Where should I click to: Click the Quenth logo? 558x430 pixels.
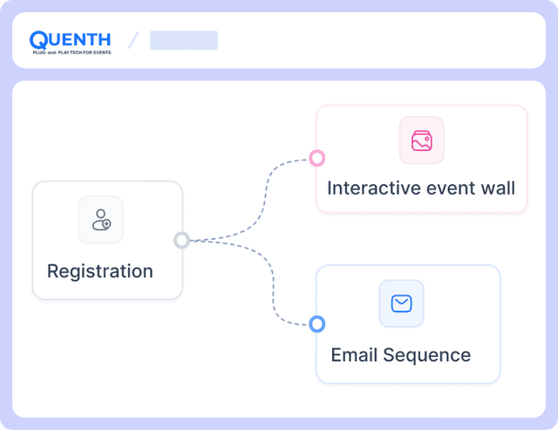coord(70,43)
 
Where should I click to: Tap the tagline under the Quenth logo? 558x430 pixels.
coord(71,52)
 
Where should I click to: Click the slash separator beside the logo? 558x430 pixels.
coord(133,40)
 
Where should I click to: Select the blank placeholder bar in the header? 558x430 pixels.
coord(184,40)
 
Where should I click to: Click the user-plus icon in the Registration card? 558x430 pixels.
coord(101,220)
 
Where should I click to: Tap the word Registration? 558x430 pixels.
coord(100,271)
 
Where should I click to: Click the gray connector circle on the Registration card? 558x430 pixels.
coord(181,240)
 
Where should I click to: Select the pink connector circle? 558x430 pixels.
coord(316,158)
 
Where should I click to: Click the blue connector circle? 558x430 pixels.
coord(316,324)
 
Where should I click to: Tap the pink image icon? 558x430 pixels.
coord(422,140)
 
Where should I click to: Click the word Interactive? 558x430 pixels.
coord(373,188)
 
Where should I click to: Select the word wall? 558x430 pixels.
coord(498,188)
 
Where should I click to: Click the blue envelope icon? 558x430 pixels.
coord(401,304)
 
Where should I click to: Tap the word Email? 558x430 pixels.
coord(354,355)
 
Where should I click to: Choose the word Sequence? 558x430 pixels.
coord(426,356)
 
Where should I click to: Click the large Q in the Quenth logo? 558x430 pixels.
coord(38,40)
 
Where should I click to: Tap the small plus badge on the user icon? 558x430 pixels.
coord(106,224)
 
